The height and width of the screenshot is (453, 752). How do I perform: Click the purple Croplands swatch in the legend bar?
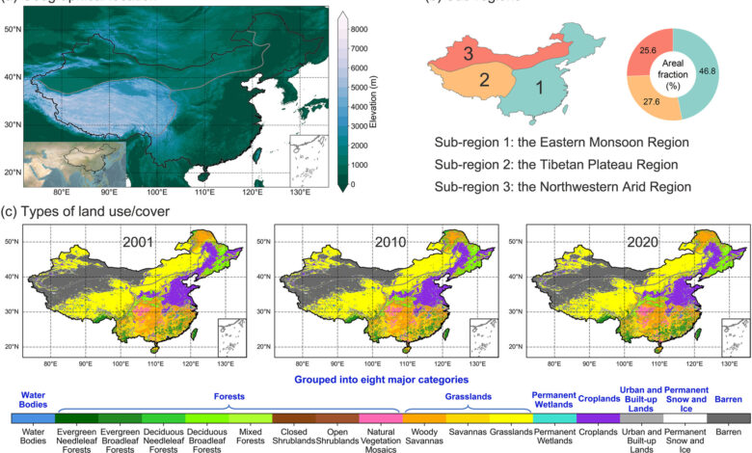click(x=599, y=418)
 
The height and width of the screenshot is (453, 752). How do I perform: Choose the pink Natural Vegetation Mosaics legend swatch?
click(x=378, y=418)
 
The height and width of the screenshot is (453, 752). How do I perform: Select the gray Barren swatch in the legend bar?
click(x=729, y=418)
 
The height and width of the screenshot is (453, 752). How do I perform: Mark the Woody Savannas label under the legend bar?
click(x=421, y=440)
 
